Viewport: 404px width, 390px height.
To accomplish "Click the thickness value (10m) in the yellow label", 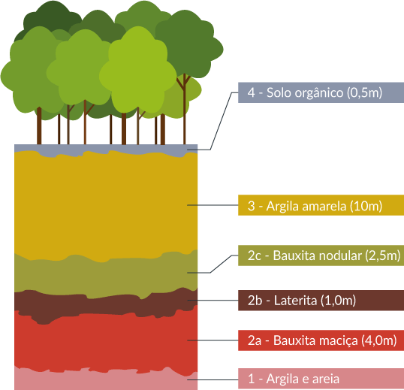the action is pos(366,206).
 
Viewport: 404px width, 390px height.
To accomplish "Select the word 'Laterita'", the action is pos(295,301).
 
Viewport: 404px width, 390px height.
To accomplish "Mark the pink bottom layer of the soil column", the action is pos(106,382).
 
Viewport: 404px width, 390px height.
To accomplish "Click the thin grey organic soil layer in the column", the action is pos(106,149).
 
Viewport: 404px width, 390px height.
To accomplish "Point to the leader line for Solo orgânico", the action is pos(221,121).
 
